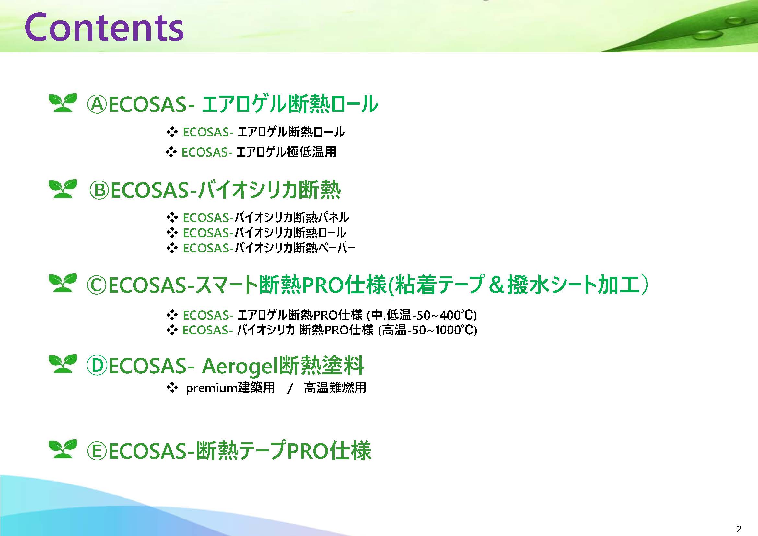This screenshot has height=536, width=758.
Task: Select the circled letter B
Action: [x=99, y=191]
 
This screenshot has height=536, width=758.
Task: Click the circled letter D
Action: [x=97, y=366]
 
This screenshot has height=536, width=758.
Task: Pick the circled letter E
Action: [x=97, y=451]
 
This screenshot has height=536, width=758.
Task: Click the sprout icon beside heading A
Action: [x=63, y=103]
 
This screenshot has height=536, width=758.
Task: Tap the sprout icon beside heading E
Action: [x=63, y=449]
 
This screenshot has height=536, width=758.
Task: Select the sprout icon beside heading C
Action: [x=63, y=283]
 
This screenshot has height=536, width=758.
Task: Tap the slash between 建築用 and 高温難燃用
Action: [x=290, y=389]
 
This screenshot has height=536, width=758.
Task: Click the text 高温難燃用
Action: [x=335, y=388]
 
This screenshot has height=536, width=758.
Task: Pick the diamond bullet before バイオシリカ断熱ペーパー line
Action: [x=172, y=248]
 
